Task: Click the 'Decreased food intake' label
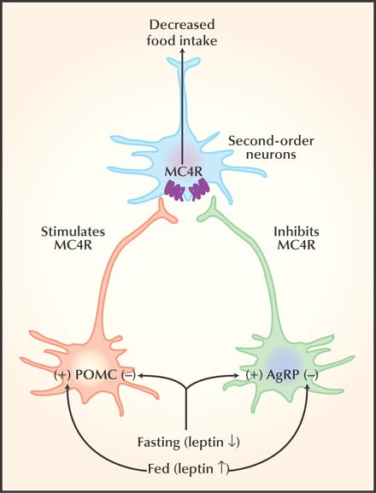[182, 32]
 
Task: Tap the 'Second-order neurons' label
[271, 148]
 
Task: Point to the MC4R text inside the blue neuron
[183, 172]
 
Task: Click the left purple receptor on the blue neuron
[175, 190]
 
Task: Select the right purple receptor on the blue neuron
[199, 189]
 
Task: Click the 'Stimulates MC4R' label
[73, 238]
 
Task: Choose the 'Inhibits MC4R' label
[297, 238]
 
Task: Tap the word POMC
[96, 375]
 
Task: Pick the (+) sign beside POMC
[62, 376]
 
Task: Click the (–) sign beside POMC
[127, 376]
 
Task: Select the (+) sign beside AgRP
[254, 376]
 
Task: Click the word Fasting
[158, 443]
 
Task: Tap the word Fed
[159, 469]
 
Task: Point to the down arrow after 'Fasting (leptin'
[231, 443]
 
